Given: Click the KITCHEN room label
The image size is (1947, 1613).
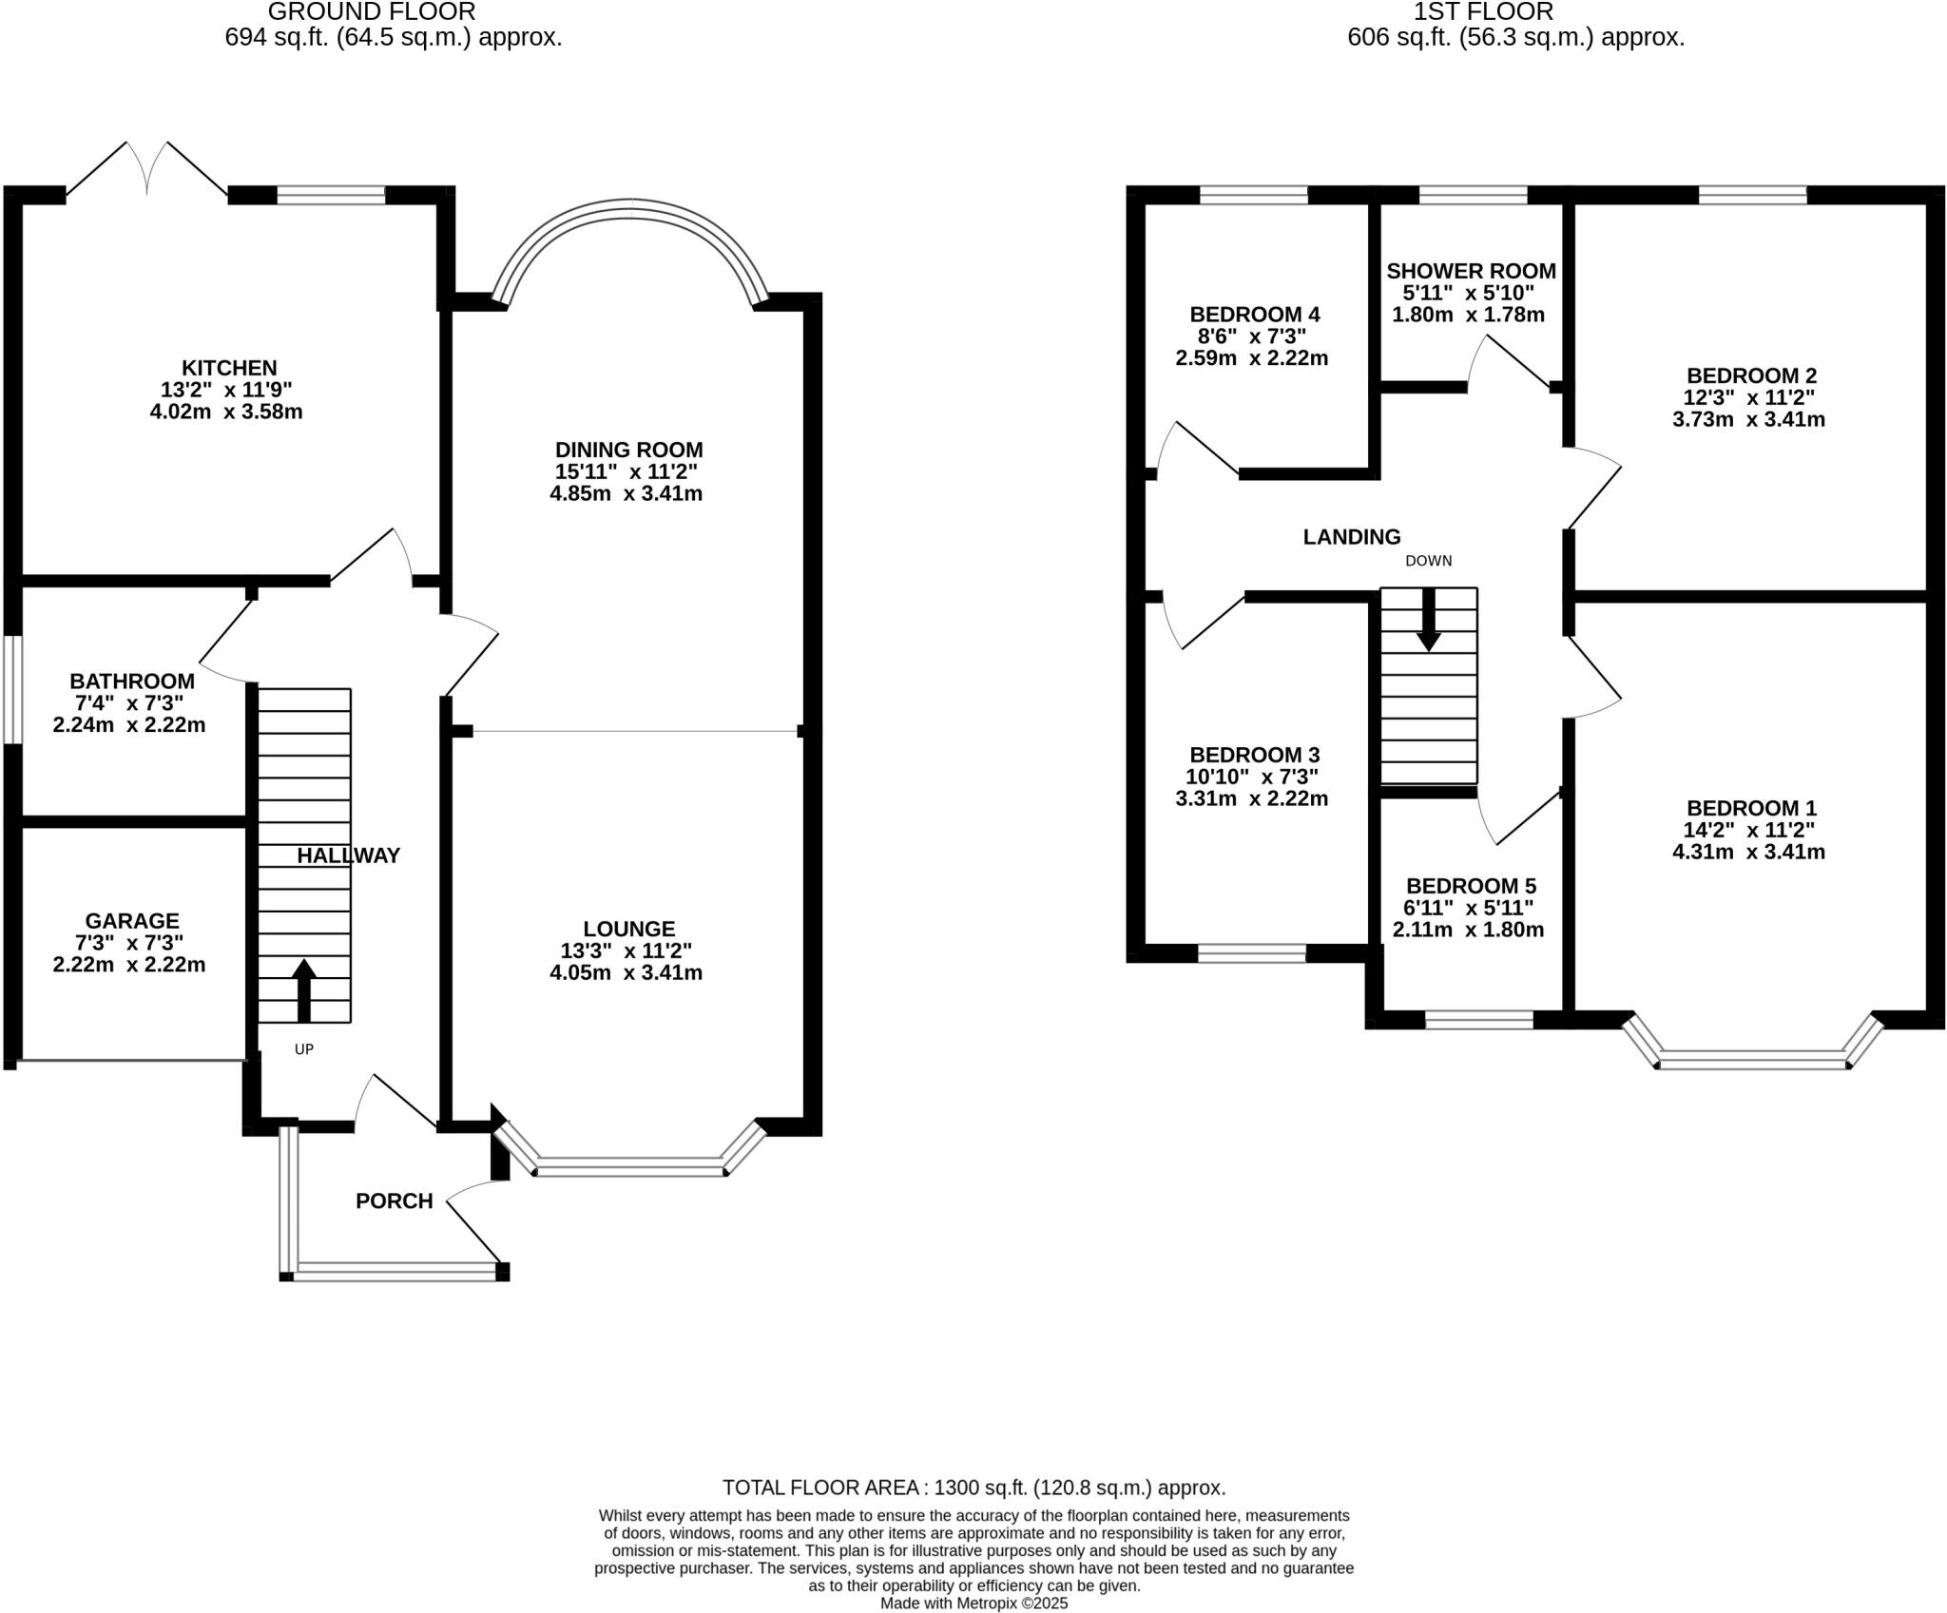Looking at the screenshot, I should coord(229,368).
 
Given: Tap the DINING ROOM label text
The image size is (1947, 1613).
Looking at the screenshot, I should coord(628,450).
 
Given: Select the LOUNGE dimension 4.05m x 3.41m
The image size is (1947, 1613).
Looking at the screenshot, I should coord(626,972).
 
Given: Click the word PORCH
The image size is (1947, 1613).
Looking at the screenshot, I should coord(394,1201).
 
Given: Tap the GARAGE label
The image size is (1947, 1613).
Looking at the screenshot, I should coord(132,921).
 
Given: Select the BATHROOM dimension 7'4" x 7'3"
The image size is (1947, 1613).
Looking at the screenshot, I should coord(130,703).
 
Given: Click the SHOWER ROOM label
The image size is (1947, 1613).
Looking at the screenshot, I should coord(1471,272).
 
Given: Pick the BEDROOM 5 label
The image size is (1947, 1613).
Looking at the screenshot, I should coord(1471,886).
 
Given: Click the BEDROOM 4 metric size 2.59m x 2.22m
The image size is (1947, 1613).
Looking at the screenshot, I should coord(1251,358).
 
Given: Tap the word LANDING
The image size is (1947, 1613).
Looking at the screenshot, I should coord(1351,537).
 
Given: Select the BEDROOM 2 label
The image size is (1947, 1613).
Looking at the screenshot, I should coord(1751,375).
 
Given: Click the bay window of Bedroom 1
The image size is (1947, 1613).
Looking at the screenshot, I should coord(1753,1059).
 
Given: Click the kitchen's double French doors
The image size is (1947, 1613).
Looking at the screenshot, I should coord(147,171).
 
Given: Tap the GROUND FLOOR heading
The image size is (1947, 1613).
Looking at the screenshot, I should coord(371,12).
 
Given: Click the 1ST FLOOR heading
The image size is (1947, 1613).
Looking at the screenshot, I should coord(1483,12).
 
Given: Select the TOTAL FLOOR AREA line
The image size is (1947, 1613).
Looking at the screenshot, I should coord(973,1488).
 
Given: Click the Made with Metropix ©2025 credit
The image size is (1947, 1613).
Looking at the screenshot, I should coord(973,1603).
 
